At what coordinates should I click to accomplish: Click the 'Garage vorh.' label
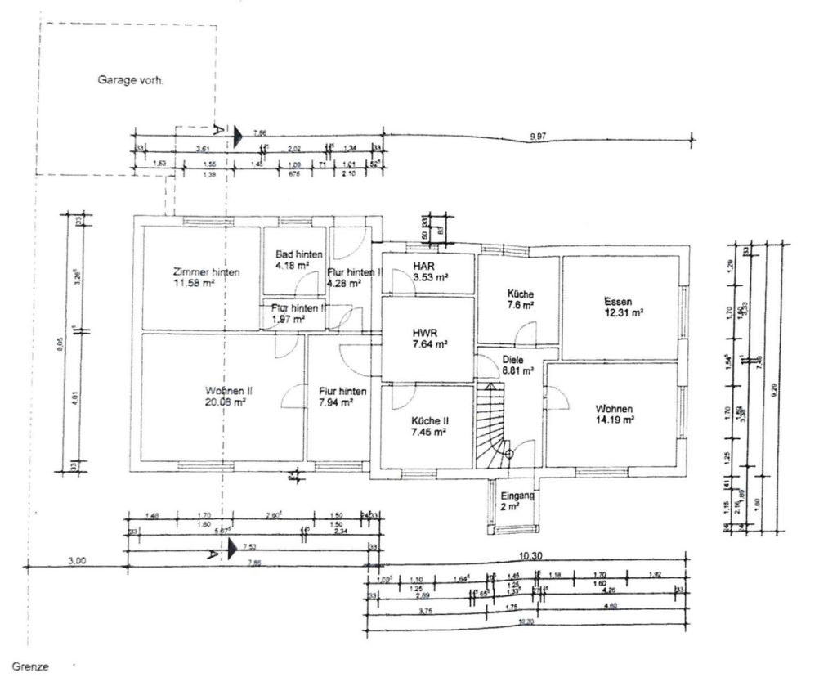click(131, 80)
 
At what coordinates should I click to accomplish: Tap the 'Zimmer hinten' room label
click(206, 272)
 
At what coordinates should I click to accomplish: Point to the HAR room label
click(423, 267)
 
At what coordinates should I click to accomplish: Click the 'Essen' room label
click(620, 300)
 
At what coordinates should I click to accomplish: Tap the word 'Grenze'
click(30, 667)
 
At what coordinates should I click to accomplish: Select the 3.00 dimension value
click(77, 560)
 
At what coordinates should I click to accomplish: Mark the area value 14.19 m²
click(614, 420)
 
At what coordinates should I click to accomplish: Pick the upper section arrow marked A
click(235, 137)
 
